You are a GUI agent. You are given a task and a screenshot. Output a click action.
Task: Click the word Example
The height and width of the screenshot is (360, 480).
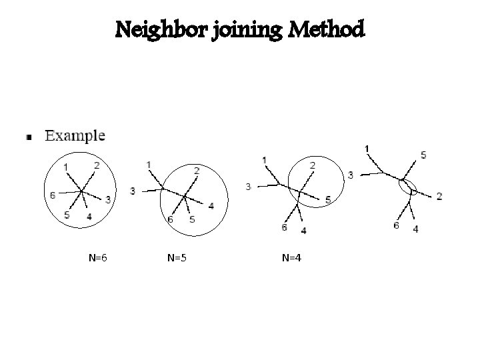75,136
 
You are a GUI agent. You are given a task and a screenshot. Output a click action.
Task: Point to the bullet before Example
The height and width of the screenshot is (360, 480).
29,138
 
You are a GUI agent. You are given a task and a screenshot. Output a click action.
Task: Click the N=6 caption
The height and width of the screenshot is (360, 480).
98,257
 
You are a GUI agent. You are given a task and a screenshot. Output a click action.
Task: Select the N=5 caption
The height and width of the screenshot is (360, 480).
177,257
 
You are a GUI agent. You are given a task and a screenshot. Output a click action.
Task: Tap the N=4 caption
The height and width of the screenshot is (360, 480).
292,257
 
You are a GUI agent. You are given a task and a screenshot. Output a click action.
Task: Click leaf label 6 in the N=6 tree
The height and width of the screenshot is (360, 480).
53,195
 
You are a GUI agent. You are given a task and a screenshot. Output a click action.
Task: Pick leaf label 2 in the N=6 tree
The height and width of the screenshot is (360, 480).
97,165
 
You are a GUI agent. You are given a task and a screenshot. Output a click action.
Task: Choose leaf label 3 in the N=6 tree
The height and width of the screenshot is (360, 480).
108,199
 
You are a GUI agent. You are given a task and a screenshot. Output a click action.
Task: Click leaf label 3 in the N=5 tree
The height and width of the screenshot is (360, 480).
133,191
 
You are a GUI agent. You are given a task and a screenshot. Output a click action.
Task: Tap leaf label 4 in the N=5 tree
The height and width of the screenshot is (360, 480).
211,205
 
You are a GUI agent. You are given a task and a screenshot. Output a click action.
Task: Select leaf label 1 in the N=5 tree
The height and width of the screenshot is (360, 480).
148,164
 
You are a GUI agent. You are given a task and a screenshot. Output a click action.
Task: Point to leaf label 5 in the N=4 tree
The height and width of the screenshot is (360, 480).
327,199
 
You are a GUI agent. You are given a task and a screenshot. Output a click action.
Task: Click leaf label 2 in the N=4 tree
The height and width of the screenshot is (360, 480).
313,165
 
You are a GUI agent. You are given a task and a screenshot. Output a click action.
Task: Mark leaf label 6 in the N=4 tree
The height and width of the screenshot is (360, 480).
284,228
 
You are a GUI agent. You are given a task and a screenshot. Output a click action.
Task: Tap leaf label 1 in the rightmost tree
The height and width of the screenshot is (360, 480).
368,147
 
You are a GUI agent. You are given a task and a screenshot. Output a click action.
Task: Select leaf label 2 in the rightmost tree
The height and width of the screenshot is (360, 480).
439,195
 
